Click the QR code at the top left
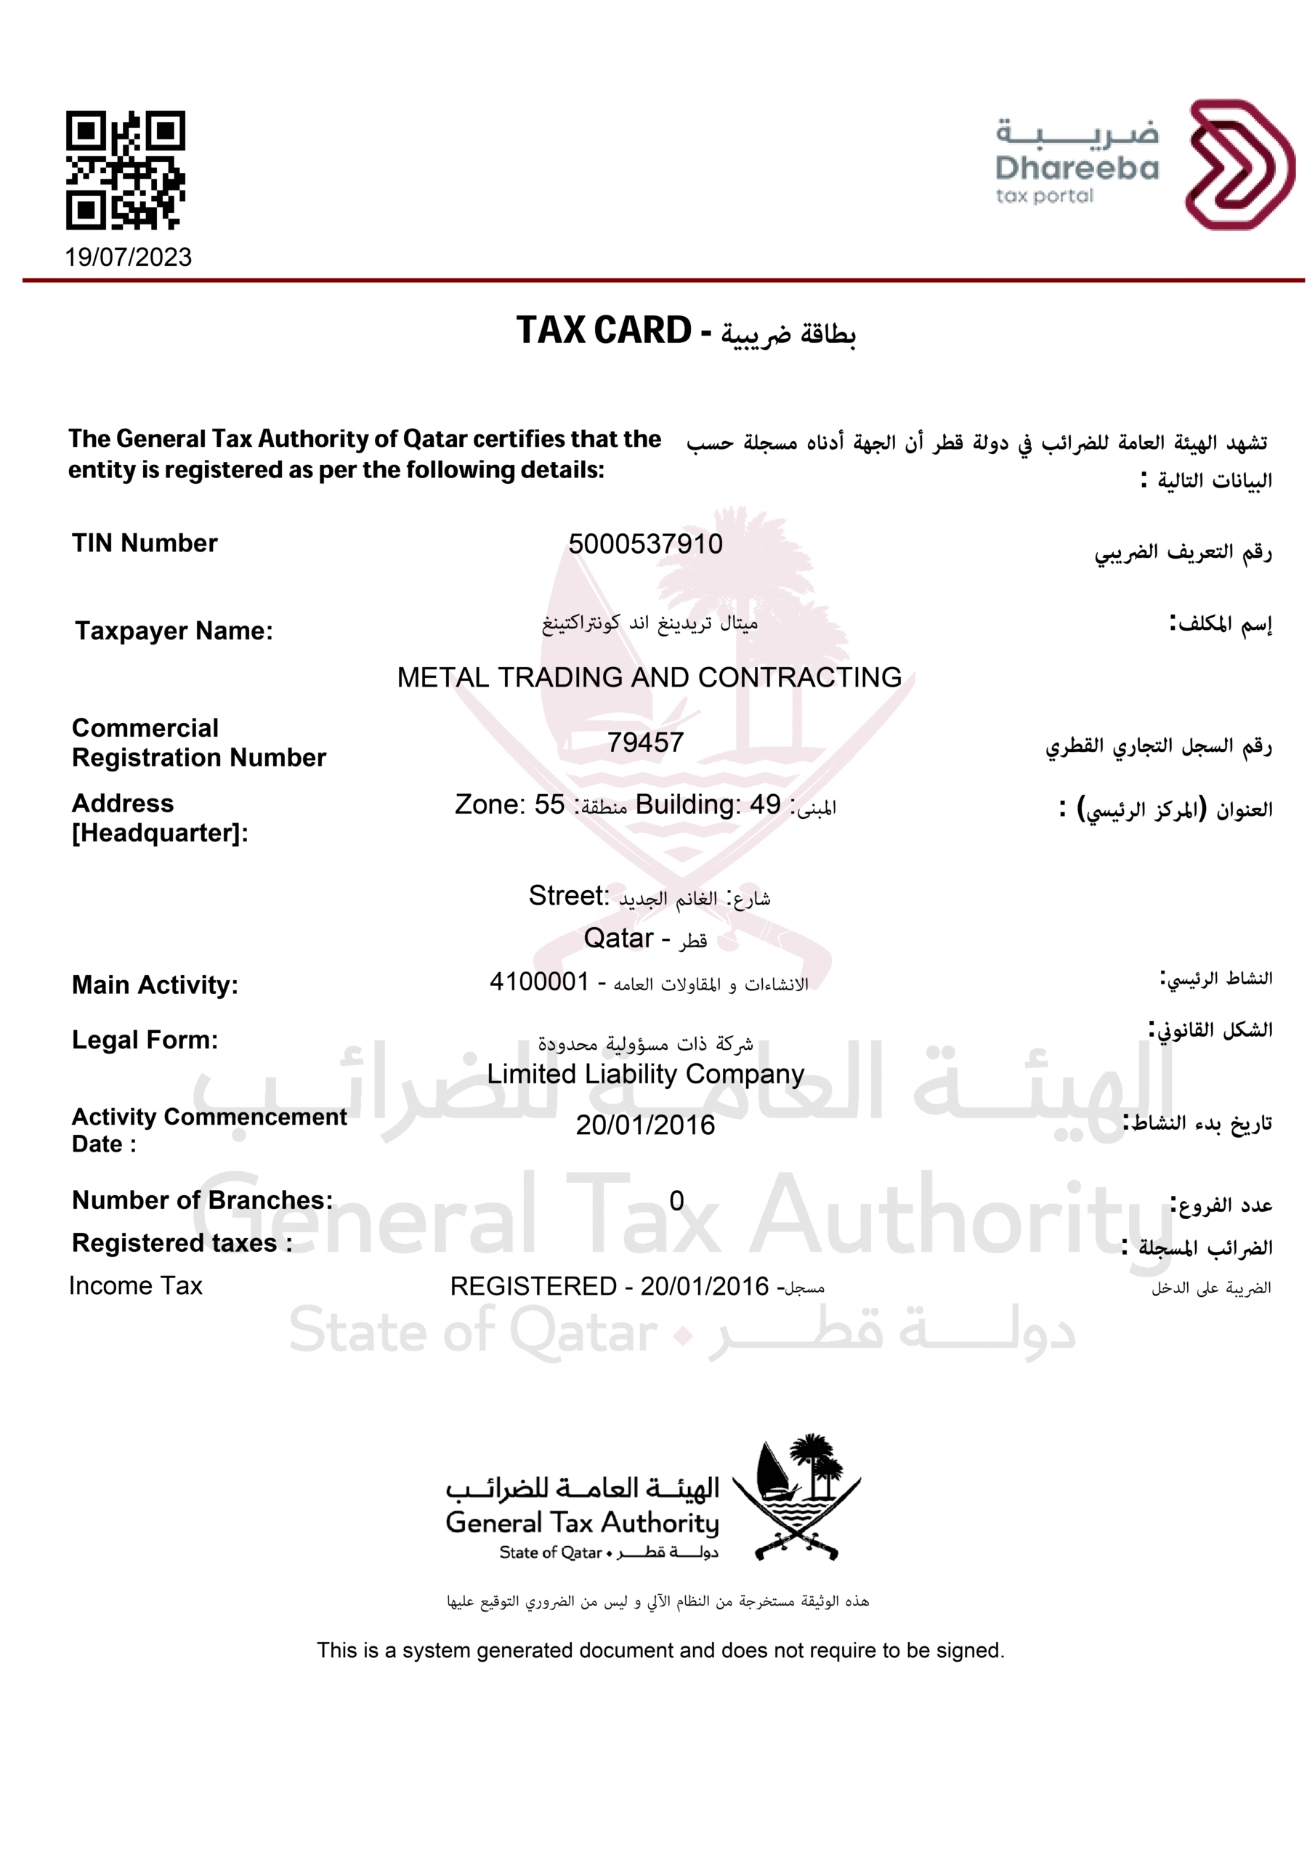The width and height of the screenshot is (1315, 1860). tap(125, 169)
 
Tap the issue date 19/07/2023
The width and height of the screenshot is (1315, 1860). tap(128, 258)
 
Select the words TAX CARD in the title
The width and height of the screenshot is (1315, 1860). tap(604, 331)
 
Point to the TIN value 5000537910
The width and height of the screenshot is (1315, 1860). tap(645, 544)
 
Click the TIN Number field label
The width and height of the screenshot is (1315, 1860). tap(145, 543)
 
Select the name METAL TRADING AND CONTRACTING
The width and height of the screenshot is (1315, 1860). tap(649, 677)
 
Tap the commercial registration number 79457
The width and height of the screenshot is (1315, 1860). tap(645, 742)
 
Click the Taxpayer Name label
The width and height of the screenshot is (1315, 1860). tap(174, 631)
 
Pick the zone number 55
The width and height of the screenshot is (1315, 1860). tap(549, 804)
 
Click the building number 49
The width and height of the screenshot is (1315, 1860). tap(765, 804)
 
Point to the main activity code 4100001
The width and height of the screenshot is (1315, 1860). tap(539, 982)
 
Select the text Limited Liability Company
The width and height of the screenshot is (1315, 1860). tap(645, 1074)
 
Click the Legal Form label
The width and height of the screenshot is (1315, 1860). tap(145, 1040)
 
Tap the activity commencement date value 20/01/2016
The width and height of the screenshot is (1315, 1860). tap(645, 1125)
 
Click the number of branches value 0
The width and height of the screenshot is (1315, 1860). tap(676, 1200)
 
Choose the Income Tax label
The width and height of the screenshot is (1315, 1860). tap(135, 1285)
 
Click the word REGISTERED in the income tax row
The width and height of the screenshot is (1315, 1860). tap(533, 1287)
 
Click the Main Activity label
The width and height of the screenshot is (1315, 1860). tap(155, 985)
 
